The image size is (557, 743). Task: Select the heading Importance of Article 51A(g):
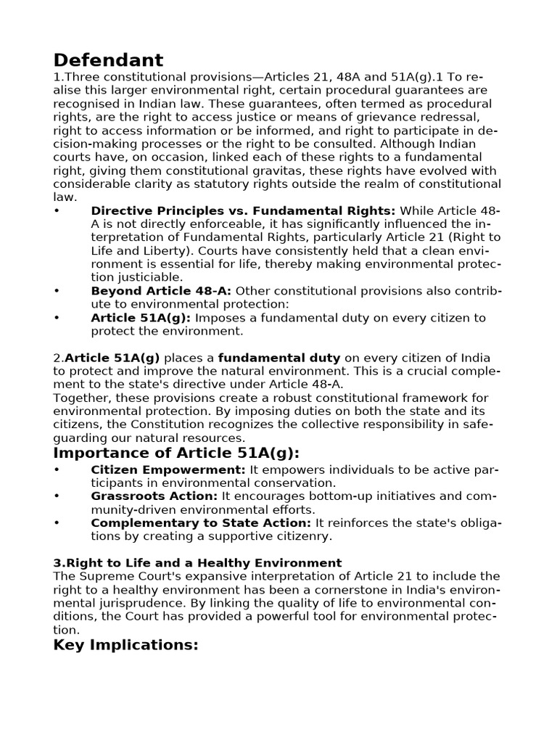(x=176, y=453)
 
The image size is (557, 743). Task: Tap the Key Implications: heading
(x=125, y=645)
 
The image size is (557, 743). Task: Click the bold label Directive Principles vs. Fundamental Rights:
(x=243, y=210)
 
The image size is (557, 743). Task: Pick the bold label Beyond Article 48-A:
(x=161, y=291)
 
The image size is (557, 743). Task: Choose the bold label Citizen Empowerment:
(x=168, y=470)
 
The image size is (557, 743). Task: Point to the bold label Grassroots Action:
(x=154, y=496)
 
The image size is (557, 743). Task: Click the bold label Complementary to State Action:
(x=201, y=523)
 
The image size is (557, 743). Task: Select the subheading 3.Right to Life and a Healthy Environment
(x=197, y=562)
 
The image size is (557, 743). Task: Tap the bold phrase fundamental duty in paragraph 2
(x=279, y=358)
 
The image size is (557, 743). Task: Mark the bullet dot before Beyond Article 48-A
(x=57, y=291)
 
